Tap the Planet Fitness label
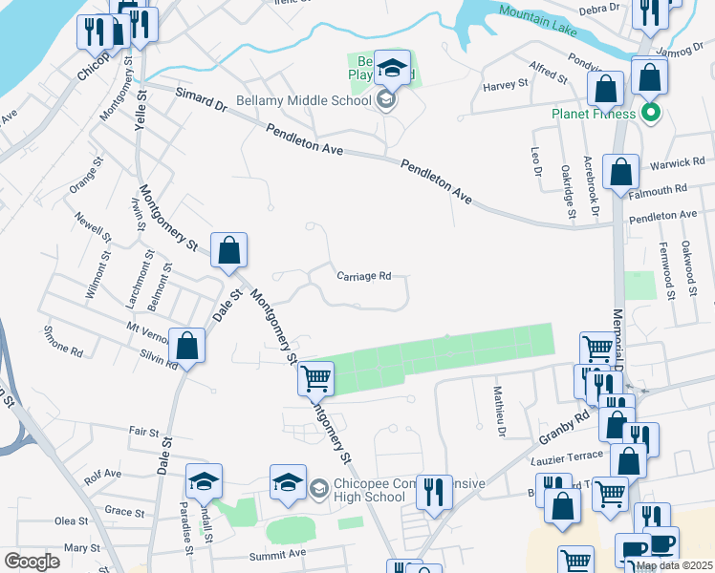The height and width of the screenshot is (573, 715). (x=593, y=114)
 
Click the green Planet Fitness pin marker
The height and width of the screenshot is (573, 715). (x=652, y=113)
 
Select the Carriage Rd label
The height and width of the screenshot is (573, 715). (x=364, y=276)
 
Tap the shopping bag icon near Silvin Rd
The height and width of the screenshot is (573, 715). (x=187, y=346)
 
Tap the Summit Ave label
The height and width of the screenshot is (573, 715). (x=277, y=554)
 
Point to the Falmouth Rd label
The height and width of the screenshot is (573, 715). (x=659, y=190)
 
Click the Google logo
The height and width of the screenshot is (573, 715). (x=32, y=562)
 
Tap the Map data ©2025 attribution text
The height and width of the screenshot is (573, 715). (x=674, y=565)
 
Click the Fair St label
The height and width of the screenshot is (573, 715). (x=142, y=432)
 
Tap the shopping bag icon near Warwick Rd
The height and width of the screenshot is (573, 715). (x=621, y=173)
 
